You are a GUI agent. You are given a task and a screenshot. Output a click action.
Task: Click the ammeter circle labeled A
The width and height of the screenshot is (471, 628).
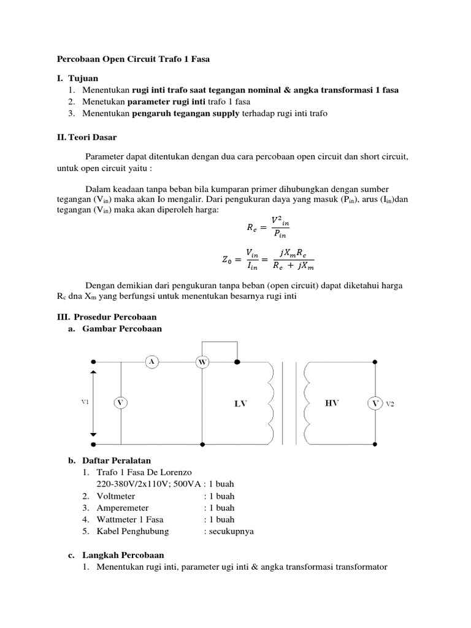[x=151, y=362]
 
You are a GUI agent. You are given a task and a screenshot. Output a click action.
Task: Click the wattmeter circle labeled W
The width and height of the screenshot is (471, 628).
[x=202, y=362]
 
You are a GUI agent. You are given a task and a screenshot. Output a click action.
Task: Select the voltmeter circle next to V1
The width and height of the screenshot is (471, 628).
[x=121, y=402]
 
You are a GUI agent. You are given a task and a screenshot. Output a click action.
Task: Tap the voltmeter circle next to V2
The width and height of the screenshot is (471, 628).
[x=375, y=403]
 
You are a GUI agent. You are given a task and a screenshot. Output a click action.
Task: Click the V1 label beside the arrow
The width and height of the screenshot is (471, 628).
[x=85, y=402]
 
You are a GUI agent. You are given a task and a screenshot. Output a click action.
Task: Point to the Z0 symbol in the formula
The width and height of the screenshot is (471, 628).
[x=228, y=259]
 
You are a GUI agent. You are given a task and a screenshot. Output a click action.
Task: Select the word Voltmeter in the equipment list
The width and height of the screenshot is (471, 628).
[x=116, y=496]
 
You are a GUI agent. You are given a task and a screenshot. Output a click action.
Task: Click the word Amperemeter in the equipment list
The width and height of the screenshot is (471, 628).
[x=123, y=508]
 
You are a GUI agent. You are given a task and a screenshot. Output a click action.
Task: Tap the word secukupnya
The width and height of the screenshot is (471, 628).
[x=232, y=531]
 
